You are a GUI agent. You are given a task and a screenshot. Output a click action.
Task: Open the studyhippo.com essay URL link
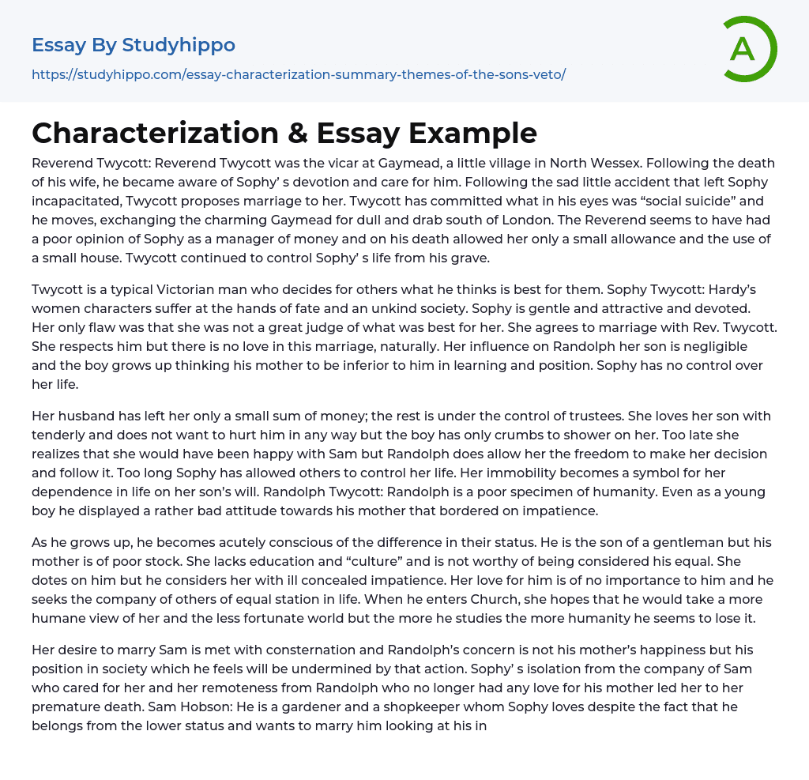click(x=299, y=74)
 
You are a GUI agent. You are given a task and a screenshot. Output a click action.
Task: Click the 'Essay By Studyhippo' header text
click(x=134, y=45)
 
